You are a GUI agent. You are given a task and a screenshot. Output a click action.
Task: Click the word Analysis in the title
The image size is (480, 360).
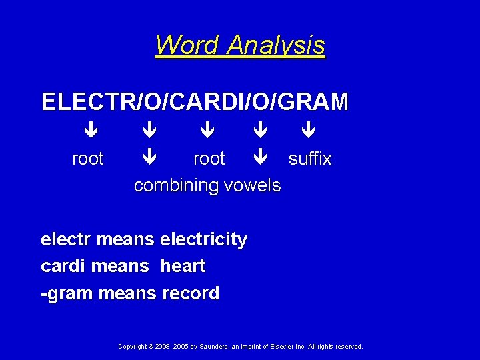tap(275, 45)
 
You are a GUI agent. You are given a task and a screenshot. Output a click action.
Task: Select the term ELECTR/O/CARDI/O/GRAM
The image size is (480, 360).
tap(195, 102)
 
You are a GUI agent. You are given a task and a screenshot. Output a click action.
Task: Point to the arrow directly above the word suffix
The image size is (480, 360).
tap(308, 130)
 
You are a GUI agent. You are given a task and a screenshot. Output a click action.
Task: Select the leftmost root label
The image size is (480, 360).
tap(88, 159)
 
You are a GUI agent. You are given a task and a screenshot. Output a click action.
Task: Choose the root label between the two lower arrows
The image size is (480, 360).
tap(209, 159)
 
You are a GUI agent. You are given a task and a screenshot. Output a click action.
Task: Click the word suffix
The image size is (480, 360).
tap(310, 159)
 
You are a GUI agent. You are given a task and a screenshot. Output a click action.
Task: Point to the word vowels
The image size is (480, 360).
tap(251, 185)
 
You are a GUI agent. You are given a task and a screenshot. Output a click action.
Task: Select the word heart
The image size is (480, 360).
tap(183, 266)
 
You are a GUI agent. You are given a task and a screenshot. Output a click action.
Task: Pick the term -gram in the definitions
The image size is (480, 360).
tap(67, 293)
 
